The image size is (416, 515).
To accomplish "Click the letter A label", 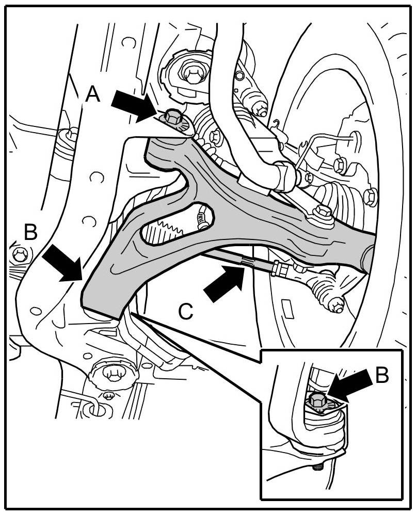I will (x=92, y=94).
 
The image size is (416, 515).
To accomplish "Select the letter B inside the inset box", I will (x=382, y=376).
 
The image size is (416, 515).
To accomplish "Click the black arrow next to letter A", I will (x=132, y=104).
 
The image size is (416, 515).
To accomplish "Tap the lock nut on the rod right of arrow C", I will (x=281, y=268).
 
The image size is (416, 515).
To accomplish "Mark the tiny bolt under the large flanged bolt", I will (x=109, y=395).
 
